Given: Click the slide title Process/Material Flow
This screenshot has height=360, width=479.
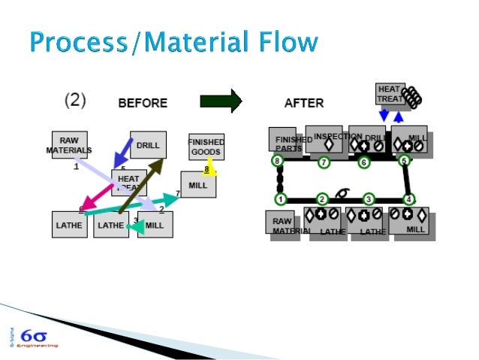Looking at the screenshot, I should [x=173, y=42].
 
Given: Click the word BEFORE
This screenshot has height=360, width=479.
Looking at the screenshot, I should [x=143, y=103].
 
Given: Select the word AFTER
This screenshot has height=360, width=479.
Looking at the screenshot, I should [x=304, y=103].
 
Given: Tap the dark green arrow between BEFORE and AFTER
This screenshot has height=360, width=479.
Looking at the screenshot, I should [x=221, y=100].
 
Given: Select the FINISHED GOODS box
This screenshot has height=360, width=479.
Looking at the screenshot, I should [x=206, y=146].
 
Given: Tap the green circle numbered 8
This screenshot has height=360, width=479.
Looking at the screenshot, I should [x=278, y=161].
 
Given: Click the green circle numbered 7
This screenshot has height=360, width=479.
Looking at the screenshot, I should [x=324, y=162].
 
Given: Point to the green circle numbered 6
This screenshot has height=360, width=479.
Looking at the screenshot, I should [x=364, y=162].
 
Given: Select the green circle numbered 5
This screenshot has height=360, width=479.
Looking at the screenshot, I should [x=404, y=161].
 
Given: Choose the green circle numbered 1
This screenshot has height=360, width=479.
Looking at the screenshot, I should [x=280, y=199].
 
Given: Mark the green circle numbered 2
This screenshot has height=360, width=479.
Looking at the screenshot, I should [x=322, y=199].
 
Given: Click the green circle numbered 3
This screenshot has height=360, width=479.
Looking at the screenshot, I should [x=369, y=199].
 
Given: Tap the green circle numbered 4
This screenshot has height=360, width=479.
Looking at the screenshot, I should [x=409, y=199].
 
